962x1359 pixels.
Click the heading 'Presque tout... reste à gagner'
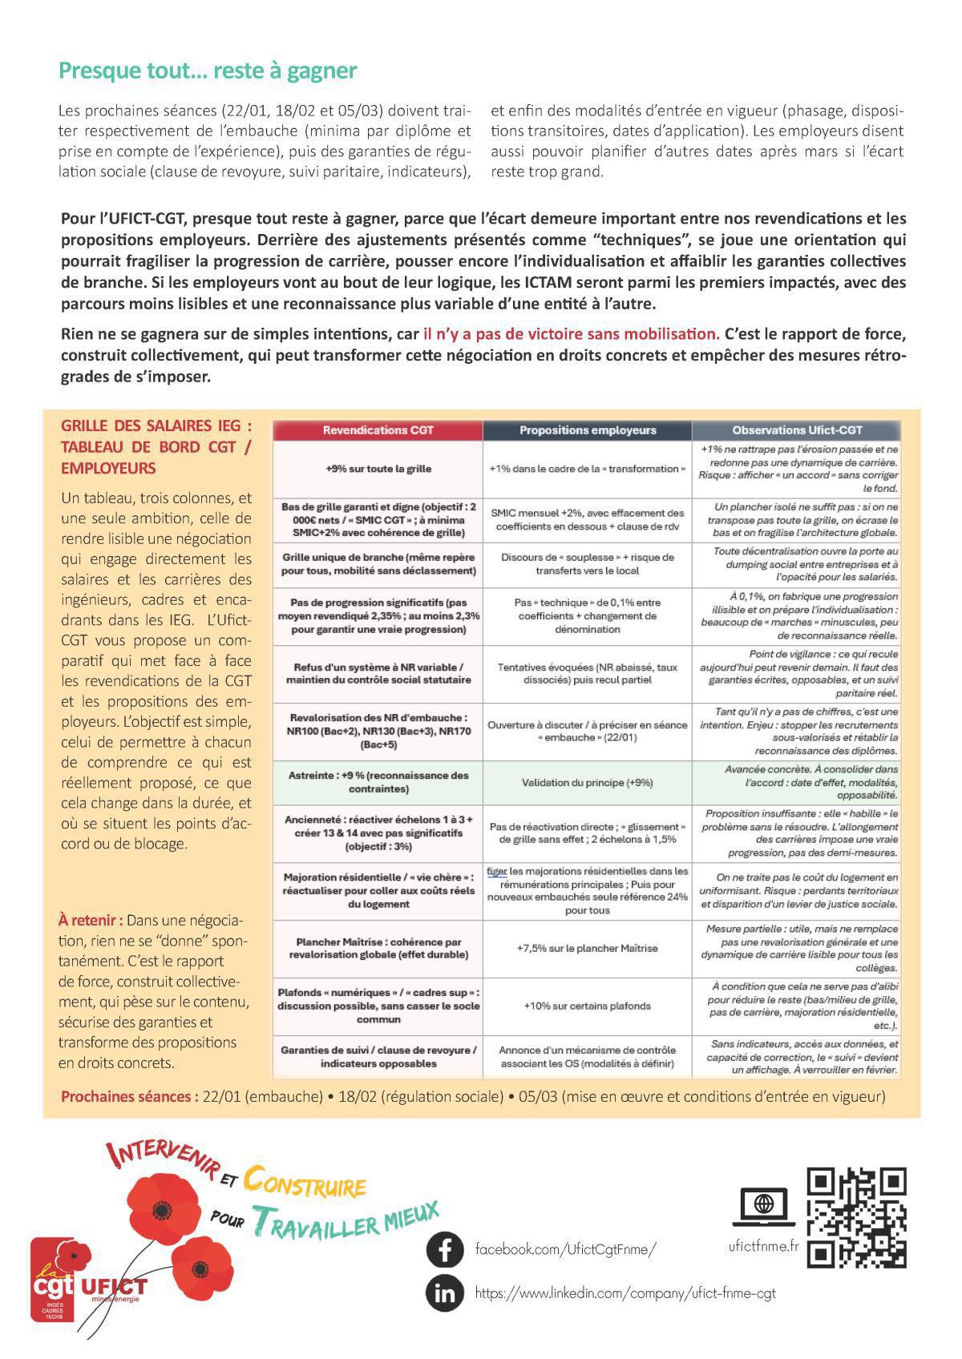pos(208,71)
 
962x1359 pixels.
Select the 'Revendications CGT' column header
pos(378,430)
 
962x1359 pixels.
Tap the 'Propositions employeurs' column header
pos(587,430)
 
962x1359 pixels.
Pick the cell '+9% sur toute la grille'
pos(378,469)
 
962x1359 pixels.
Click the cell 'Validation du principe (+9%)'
pos(587,783)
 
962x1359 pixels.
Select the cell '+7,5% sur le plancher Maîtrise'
pos(587,948)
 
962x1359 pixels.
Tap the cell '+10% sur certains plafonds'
pos(587,1006)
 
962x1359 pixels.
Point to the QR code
pos(856,1218)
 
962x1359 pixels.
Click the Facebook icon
pos(444,1249)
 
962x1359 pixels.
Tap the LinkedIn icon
pos(444,1292)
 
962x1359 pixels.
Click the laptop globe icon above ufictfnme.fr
pos(764,1204)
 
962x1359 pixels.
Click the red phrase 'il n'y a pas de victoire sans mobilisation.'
pos(571,333)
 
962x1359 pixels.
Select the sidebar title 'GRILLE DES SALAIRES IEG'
pos(156,425)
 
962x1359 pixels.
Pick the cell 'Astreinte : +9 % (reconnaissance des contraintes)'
pos(378,783)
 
